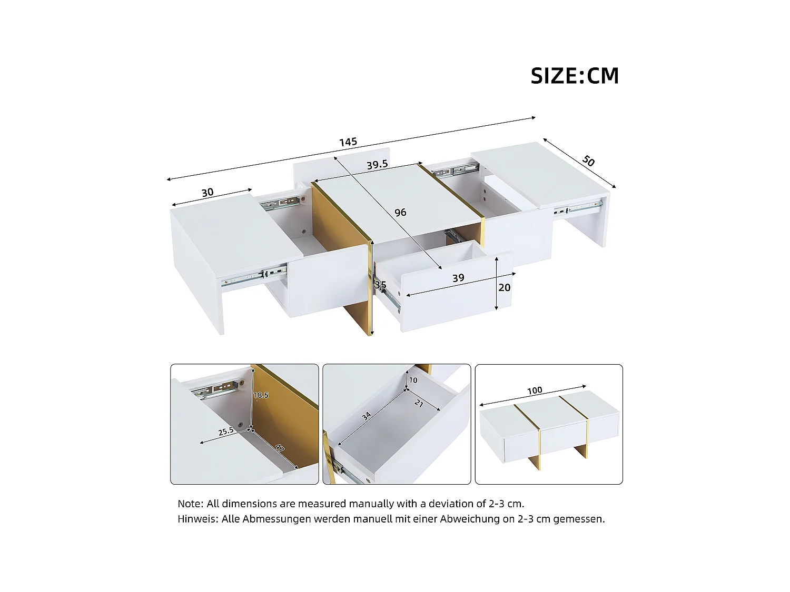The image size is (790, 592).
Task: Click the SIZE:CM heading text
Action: (x=575, y=76)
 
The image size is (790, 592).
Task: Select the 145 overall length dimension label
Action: (x=348, y=142)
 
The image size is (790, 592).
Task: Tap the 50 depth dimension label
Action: (x=588, y=161)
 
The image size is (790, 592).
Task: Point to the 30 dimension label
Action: (x=208, y=193)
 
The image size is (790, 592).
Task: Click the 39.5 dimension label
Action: (x=377, y=165)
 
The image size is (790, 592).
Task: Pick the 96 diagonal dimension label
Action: (x=400, y=212)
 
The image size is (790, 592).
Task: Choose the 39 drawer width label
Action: (x=458, y=278)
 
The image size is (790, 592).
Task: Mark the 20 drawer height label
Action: (x=504, y=287)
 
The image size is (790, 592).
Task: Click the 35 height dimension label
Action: (x=380, y=285)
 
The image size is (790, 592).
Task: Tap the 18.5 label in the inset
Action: (x=261, y=395)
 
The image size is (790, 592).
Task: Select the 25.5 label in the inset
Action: (x=226, y=432)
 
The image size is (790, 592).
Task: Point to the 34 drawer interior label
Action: (x=367, y=416)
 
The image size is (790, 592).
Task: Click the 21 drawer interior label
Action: (x=419, y=404)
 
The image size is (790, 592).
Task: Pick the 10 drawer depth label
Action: (x=413, y=380)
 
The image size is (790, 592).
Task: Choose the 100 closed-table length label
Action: (x=535, y=390)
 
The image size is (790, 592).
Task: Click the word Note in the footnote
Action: (x=189, y=504)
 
